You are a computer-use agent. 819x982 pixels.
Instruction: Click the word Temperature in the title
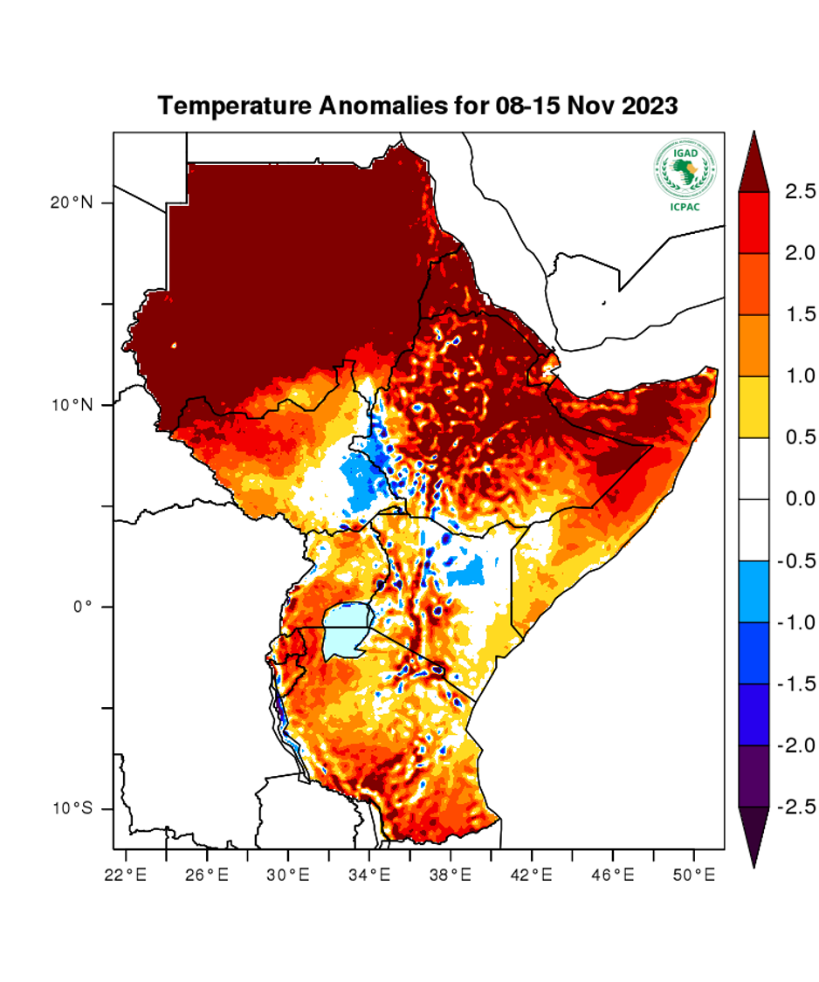[230, 106]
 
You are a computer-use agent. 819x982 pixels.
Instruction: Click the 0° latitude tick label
[83, 607]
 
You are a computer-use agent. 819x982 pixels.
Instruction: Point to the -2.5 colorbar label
[795, 807]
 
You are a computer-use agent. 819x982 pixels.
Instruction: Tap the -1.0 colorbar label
[795, 622]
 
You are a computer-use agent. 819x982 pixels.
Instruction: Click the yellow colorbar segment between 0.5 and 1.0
[754, 407]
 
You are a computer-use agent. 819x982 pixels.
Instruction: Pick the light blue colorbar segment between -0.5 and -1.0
[754, 592]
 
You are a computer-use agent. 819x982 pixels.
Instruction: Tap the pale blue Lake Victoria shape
[345, 630]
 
